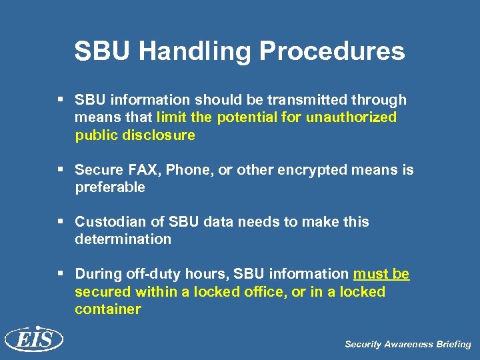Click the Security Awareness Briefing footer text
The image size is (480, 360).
pos(407,345)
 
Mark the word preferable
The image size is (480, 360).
pos(110,187)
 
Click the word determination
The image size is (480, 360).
pos(123,239)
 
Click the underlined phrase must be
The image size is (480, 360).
pos(381,274)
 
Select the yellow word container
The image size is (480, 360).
pos(108,309)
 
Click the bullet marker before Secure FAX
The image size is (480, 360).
pos(61,170)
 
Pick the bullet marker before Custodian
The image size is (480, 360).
pos(61,221)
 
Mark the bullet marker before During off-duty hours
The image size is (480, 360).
pos(61,274)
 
